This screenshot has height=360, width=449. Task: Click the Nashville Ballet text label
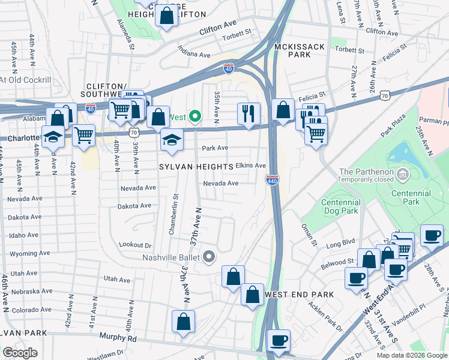coord(170,257)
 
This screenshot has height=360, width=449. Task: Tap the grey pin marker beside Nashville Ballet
coord(209,257)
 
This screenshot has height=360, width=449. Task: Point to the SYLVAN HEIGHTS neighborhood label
coord(196,166)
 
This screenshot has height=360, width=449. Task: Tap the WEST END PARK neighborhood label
coord(298,295)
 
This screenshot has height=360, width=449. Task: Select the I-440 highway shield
coord(272,179)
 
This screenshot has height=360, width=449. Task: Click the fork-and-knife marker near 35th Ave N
coord(248,113)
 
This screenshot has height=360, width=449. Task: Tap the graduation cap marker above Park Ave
coord(172,140)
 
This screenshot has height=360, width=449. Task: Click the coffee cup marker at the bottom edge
coord(279,341)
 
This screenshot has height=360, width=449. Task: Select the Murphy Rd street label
coord(118,338)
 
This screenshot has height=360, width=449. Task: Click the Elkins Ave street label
coord(250,166)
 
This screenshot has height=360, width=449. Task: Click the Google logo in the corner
coord(20,353)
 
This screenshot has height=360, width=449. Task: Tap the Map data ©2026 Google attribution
coord(411,355)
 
